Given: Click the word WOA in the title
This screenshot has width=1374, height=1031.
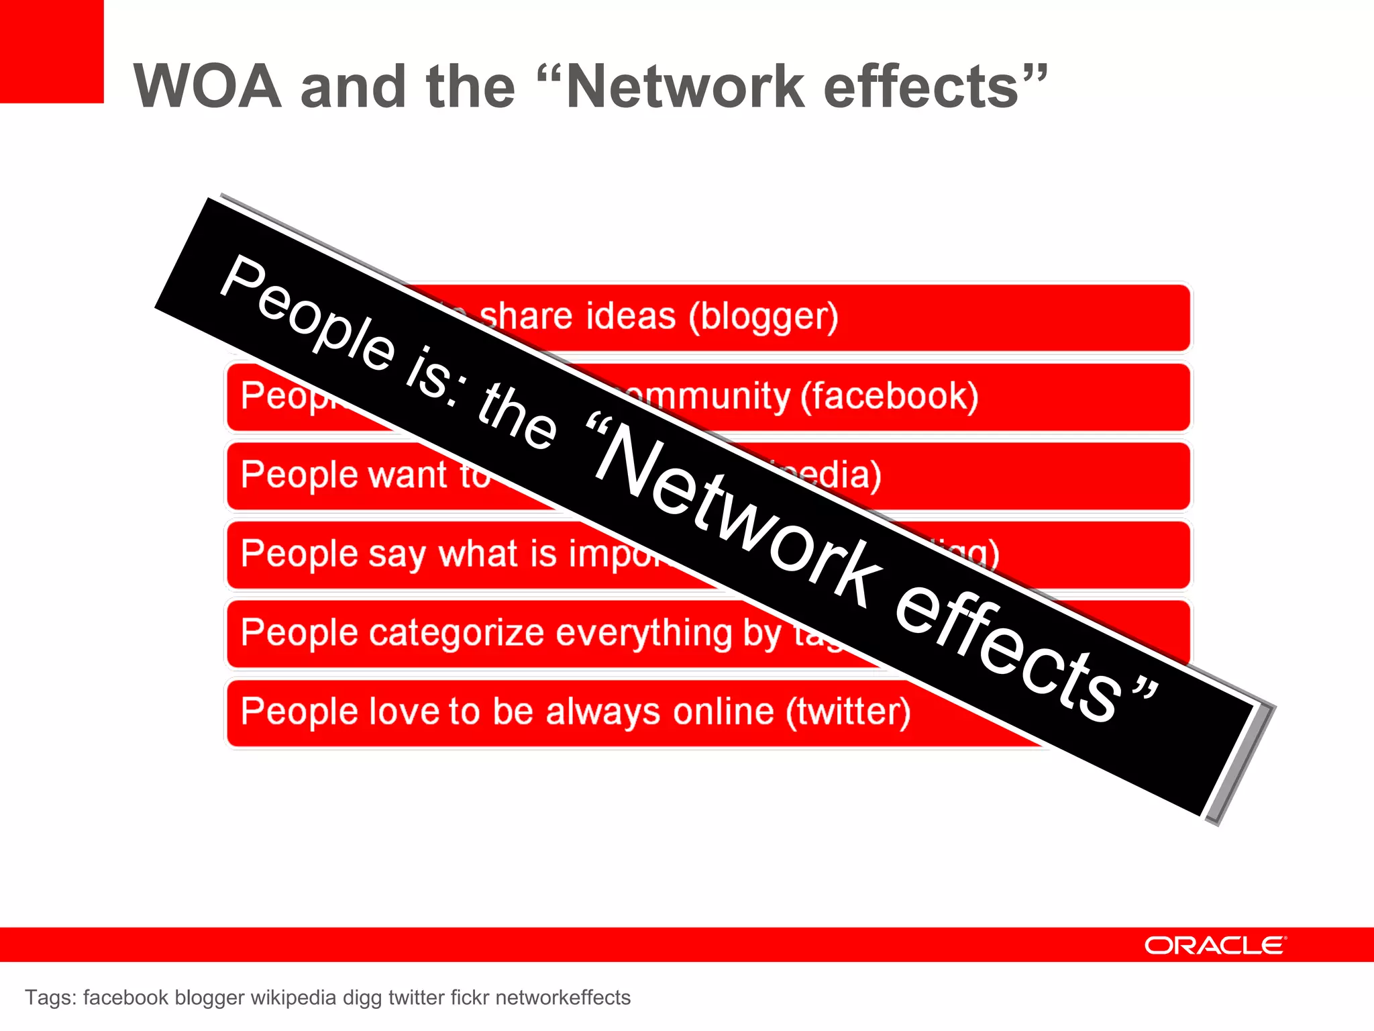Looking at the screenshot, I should click(207, 87).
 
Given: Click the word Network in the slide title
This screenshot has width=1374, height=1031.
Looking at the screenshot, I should click(684, 87).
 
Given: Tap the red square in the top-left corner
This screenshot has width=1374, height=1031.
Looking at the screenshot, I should click(51, 51).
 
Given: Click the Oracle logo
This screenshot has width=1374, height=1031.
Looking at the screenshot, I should click(1215, 945).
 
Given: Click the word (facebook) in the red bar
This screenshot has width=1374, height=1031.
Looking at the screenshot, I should click(889, 396).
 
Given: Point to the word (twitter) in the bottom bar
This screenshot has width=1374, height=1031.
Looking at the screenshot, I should click(848, 711).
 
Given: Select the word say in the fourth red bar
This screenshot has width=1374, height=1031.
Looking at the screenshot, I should click(399, 554).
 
